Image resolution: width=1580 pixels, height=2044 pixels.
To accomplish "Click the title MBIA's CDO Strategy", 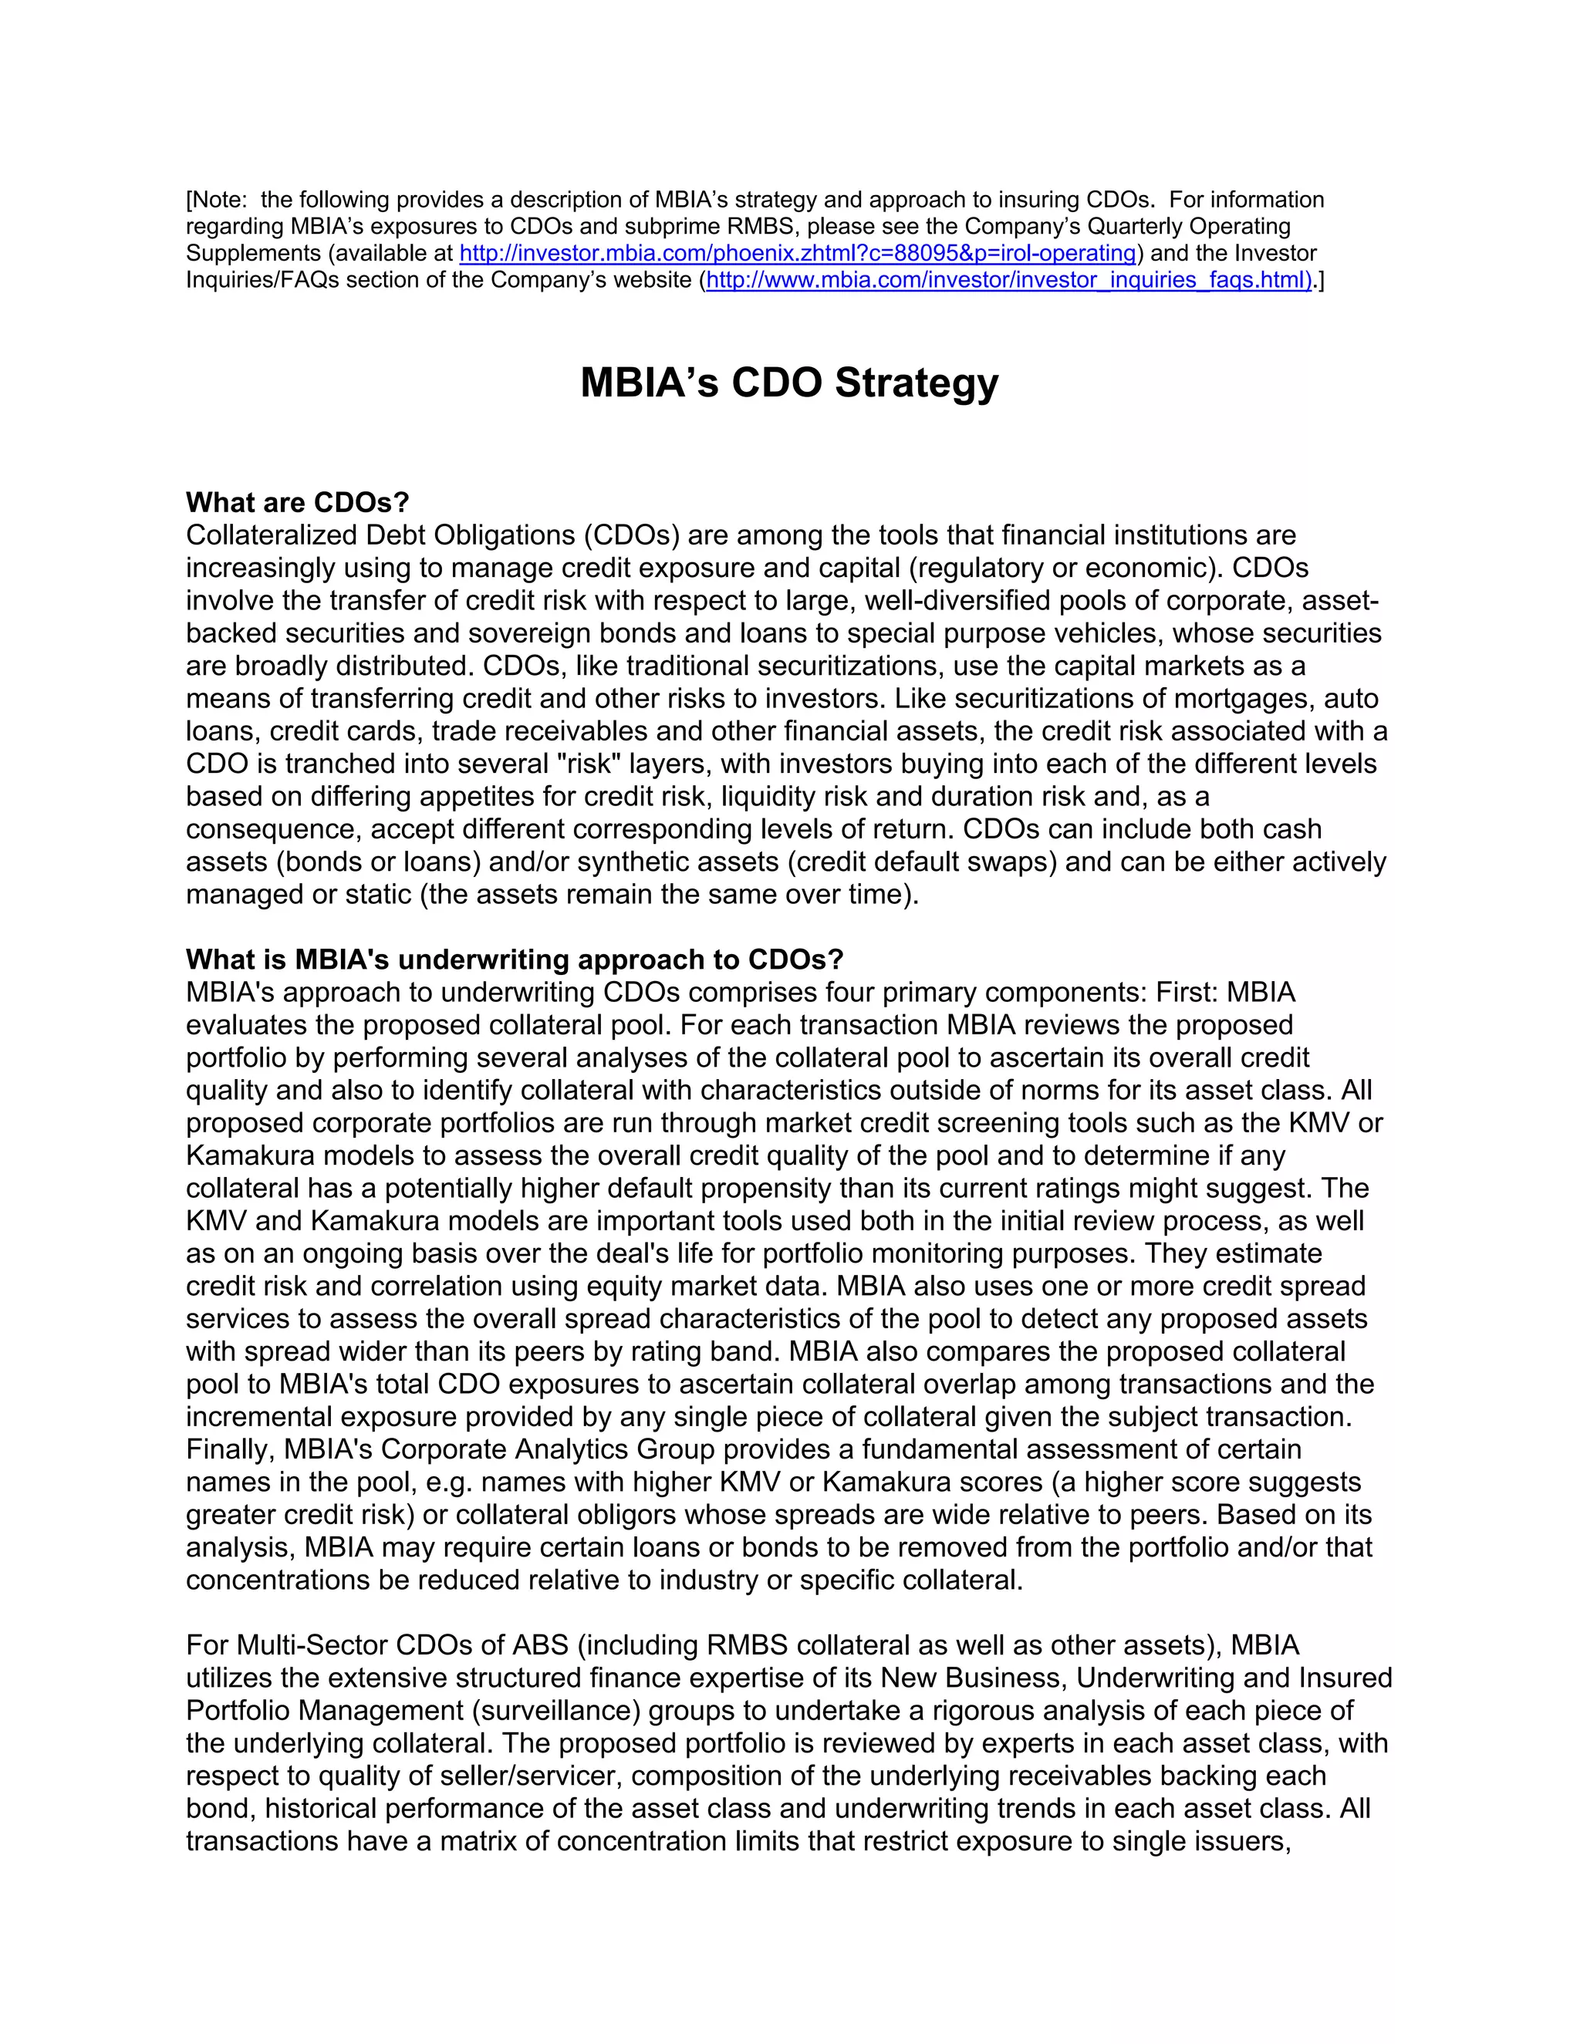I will tap(789, 383).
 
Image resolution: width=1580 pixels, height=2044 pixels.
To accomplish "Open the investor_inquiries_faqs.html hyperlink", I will tap(1008, 280).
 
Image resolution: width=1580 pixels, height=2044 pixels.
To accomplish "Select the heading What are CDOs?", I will tap(298, 503).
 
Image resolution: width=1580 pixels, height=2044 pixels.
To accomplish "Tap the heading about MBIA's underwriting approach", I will tap(515, 960).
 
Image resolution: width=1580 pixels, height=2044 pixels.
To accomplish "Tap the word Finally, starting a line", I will tap(229, 1450).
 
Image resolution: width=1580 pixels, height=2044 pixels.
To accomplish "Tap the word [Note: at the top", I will tap(219, 201).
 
